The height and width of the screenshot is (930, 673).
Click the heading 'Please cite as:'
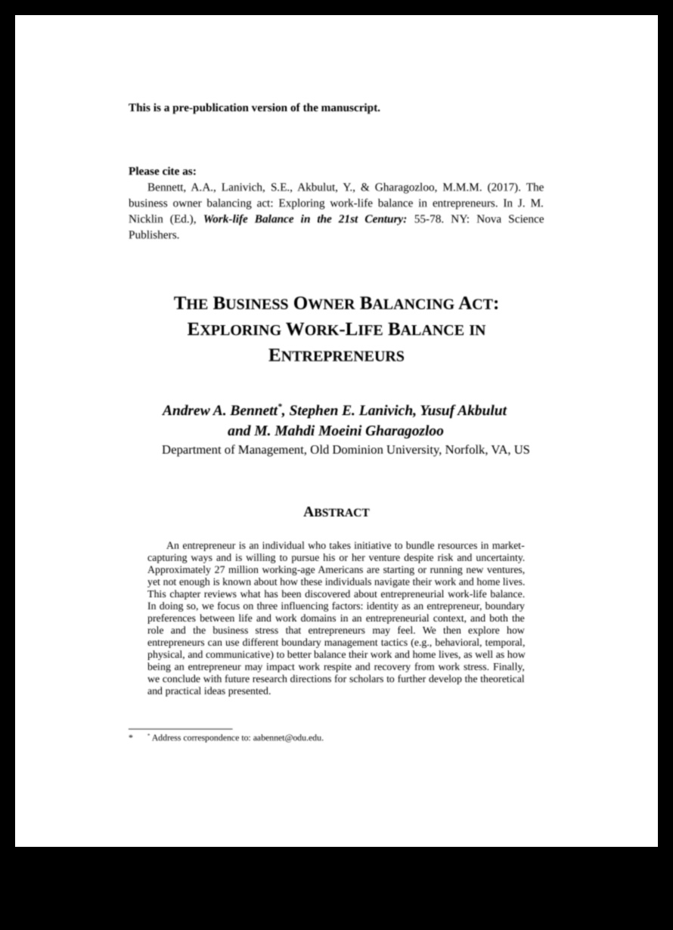click(162, 171)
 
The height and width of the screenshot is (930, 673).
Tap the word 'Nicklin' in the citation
click(147, 219)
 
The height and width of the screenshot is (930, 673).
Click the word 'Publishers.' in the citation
click(154, 235)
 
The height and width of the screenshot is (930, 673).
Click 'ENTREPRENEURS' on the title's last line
click(336, 355)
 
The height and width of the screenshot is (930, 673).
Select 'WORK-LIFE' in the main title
click(336, 330)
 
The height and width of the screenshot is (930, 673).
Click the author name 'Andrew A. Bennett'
click(220, 411)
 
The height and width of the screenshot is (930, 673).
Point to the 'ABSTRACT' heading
click(336, 513)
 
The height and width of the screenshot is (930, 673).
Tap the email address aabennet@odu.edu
click(288, 738)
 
